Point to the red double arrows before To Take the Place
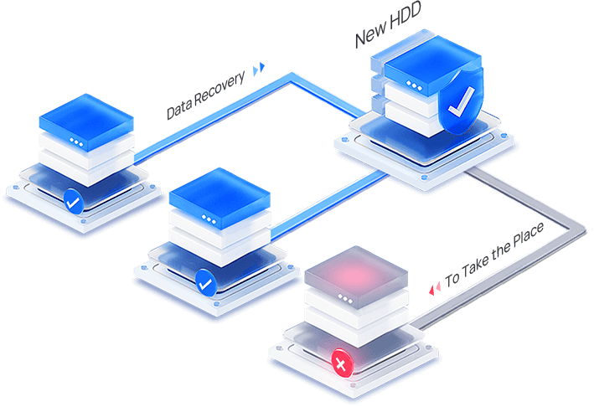tap(435, 289)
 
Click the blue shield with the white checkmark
tap(457, 105)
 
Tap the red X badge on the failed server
tap(340, 364)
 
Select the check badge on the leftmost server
tap(73, 200)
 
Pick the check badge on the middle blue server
tap(205, 283)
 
